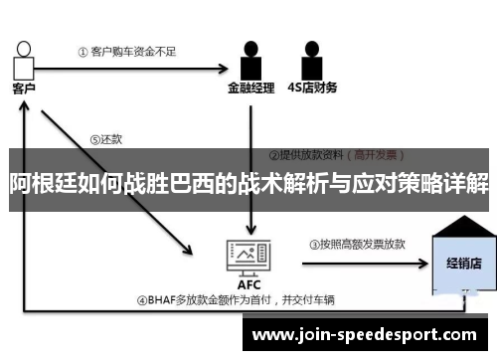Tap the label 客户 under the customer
pos(23,88)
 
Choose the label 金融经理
pos(249,88)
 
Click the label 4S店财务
pos(311,88)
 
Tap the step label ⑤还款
pos(103,139)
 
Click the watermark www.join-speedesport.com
pos(365,335)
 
